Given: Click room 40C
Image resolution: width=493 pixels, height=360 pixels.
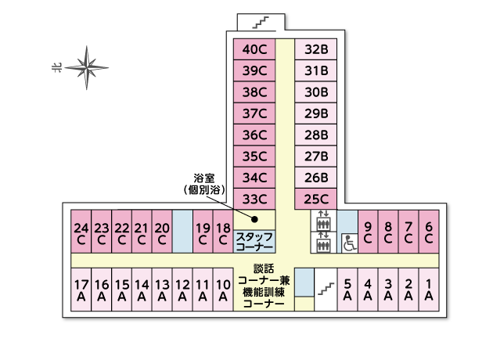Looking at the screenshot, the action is coord(254,49).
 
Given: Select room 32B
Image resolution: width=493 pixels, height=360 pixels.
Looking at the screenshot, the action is coord(315,49).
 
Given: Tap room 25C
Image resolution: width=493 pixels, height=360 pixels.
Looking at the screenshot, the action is coord(315,199).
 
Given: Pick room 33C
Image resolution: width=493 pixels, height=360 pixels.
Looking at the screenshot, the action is coord(254,199).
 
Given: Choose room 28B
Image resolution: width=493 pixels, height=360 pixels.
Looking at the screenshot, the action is coord(315,135).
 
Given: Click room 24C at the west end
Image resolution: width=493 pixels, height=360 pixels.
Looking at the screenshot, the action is coord(81,232).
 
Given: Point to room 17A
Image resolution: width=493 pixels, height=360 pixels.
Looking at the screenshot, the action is coord(81,290).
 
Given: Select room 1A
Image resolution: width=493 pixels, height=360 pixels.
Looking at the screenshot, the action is coord(429,290).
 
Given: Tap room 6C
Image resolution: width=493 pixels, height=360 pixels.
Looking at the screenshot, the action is coord(429,232).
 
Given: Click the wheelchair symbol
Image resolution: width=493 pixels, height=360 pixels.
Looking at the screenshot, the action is coord(350,243).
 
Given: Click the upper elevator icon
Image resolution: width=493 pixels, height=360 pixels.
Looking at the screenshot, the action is coord(323,221).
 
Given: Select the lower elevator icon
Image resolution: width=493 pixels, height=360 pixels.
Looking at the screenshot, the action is coord(323,243).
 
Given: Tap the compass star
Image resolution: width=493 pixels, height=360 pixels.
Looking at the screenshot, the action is coord(87,67).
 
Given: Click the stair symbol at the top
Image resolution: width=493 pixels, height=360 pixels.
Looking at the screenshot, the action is coord(261,23).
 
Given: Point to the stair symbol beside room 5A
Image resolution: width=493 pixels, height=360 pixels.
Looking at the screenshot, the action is coord(326,289).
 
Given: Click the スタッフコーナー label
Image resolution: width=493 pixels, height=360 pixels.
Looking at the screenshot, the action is coord(254,242).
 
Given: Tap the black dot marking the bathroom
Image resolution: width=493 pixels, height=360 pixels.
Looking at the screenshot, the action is coord(254,219).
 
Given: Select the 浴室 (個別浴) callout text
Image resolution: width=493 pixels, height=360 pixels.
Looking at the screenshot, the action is coord(205,184).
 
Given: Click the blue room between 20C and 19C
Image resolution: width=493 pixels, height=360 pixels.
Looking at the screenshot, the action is coord(182,232).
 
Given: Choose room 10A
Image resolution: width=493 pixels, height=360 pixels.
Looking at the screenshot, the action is coord(223,290).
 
